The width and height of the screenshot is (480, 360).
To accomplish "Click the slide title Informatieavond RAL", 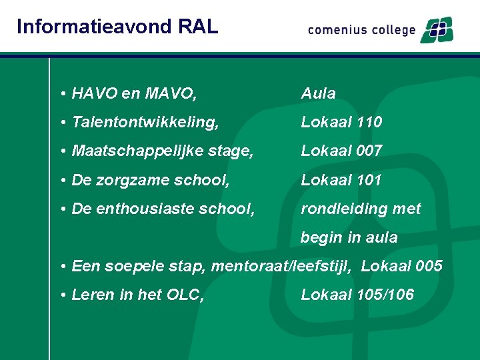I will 117,26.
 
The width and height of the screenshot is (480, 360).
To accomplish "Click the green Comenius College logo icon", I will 436,30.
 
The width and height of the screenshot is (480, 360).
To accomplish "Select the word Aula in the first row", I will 318,93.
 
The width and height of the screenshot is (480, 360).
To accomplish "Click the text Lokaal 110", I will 341,122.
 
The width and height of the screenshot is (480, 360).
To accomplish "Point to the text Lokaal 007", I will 341,151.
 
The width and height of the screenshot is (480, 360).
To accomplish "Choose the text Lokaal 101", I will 341,180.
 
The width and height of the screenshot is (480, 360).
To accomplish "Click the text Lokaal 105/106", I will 357,295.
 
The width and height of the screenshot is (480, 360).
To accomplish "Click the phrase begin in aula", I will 349,237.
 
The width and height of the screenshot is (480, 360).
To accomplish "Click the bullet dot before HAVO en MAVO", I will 61,94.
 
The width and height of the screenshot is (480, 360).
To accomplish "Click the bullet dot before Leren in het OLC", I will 61,295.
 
